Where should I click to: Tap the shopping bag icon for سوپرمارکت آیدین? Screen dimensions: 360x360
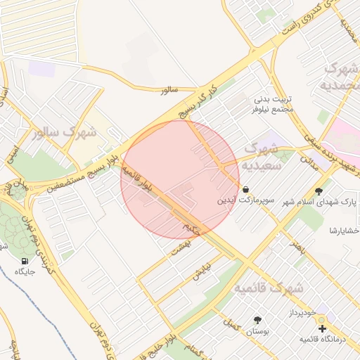(x=245, y=189)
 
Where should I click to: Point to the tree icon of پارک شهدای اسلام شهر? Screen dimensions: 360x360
(x=320, y=191)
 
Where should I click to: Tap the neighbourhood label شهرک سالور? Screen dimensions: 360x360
(x=64, y=131)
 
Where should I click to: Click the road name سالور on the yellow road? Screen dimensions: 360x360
(x=170, y=90)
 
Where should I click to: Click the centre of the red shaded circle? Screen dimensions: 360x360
(x=180, y=179)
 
